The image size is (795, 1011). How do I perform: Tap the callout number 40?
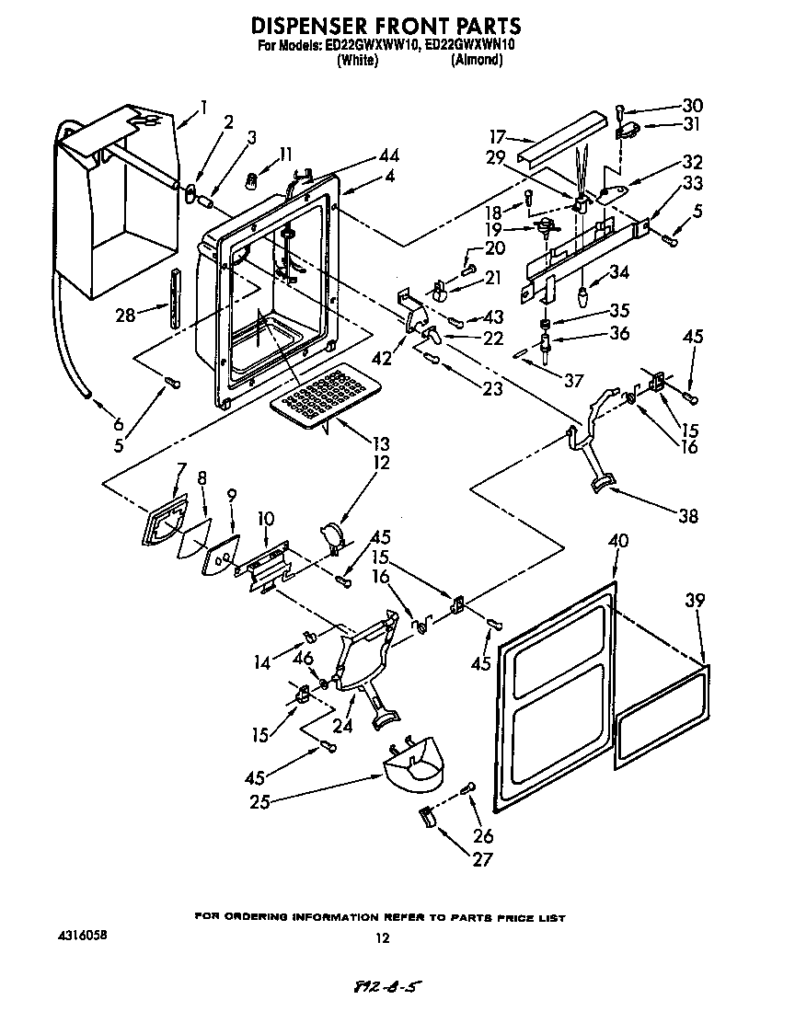pos(617,542)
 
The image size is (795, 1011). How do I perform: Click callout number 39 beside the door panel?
pos(695,601)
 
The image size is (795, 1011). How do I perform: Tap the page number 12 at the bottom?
pos(383,939)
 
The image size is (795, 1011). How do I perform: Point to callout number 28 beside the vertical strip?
pos(126,315)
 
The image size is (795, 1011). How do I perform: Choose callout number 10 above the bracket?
pos(266,520)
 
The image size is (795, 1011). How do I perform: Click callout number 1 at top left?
pos(203,104)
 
